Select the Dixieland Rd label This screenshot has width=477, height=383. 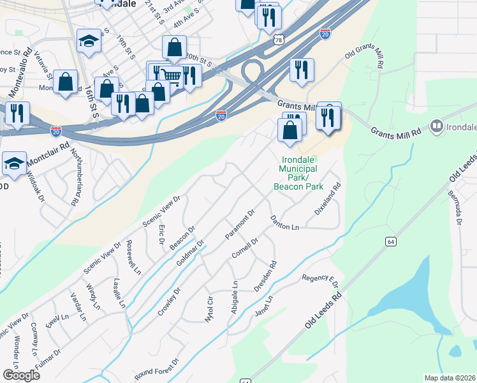click(328, 199)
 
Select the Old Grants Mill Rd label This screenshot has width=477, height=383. click(365, 57)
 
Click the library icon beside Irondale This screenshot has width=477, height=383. click(437, 126)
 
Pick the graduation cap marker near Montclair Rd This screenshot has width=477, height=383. click(14, 164)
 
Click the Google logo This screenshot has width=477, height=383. click(21, 375)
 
